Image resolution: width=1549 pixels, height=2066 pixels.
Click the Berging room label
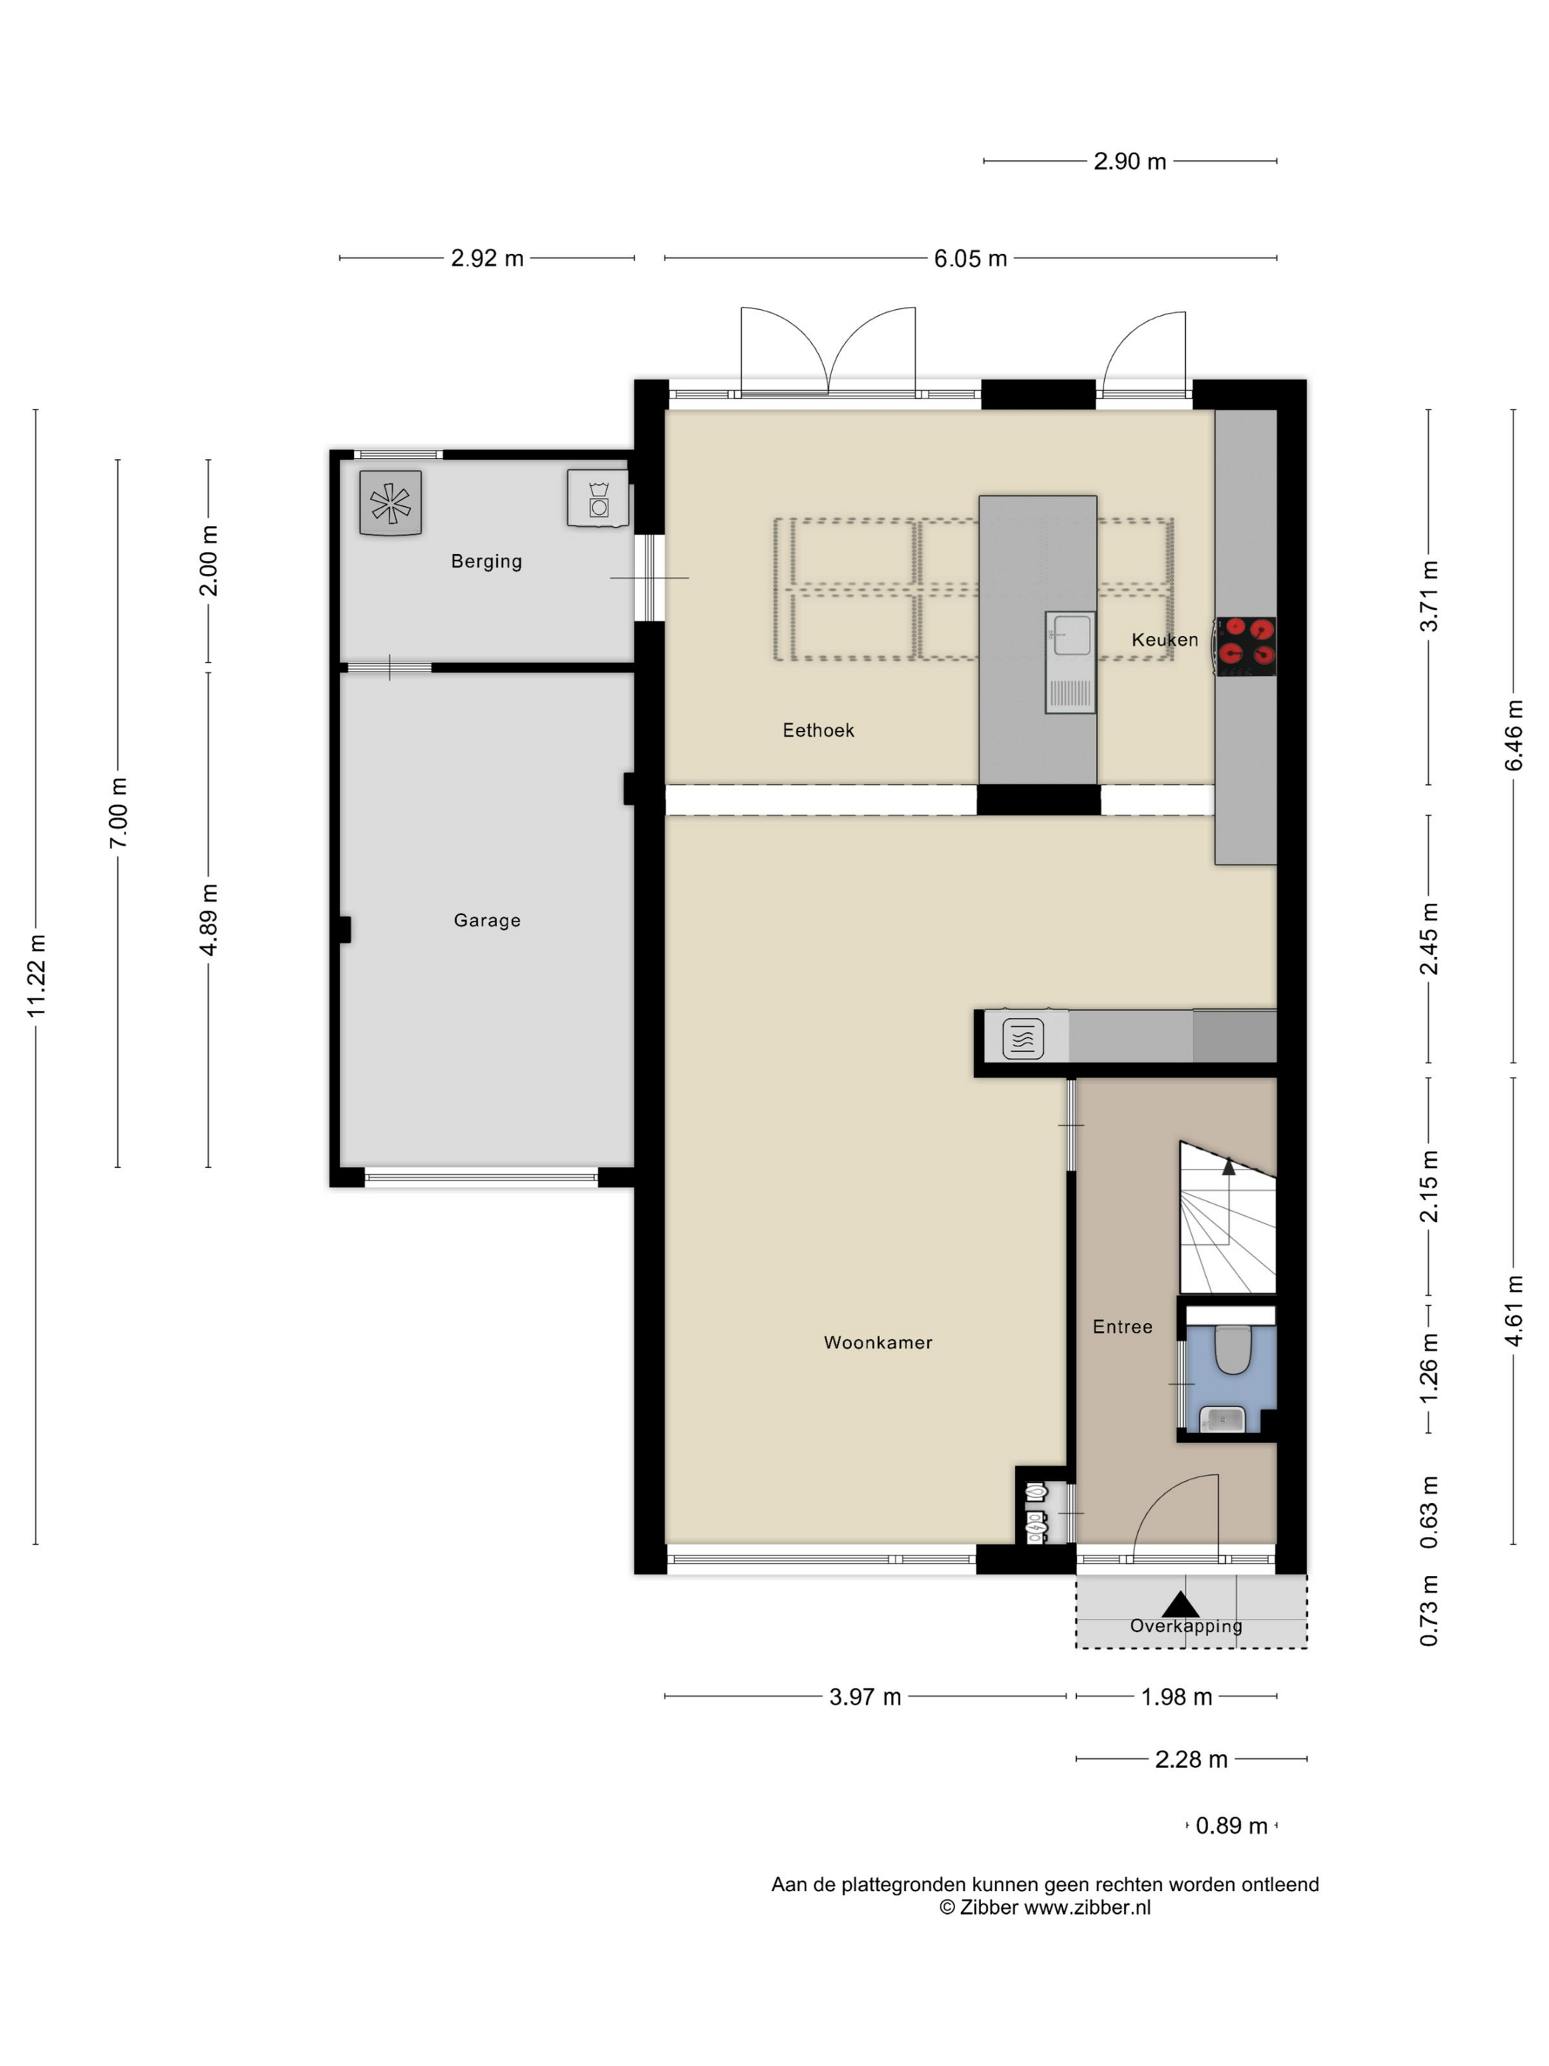coord(485,562)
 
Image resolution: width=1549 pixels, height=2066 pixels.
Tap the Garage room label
coord(486,920)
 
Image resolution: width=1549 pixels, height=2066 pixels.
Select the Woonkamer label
coord(878,1342)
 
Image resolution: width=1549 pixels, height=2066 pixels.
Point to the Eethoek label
coord(818,730)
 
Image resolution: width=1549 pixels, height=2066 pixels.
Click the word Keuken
coord(1164,640)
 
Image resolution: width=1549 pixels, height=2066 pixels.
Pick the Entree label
coord(1123,1326)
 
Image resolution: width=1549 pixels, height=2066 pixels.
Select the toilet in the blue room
coord(1233,1349)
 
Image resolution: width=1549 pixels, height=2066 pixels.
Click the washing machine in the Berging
coord(597,499)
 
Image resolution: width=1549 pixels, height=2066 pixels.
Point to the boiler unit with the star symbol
coord(390,502)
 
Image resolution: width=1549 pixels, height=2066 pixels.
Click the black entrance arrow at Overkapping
coord(1180,1605)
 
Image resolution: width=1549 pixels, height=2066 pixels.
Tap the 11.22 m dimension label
coord(35,976)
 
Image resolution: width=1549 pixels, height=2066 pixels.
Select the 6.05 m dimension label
coord(970,259)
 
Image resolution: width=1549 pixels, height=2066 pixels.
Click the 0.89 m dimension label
coord(1232,1825)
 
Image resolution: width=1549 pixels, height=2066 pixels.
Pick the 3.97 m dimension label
coord(864,1697)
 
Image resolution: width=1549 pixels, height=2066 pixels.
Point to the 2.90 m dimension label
coord(1130,162)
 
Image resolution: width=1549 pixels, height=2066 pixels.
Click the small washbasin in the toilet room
coord(1222,1419)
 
